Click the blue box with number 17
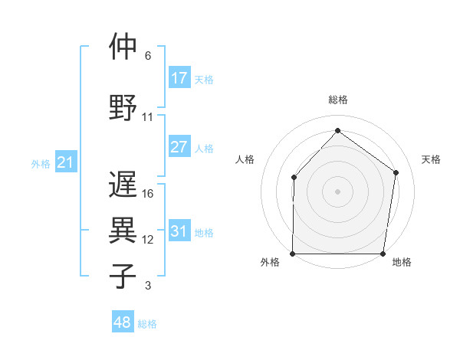[x=179, y=78]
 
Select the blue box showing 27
[x=179, y=148]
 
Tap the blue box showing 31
[x=179, y=232]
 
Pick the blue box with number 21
[x=65, y=162]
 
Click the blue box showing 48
[x=122, y=323]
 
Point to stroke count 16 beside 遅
[x=148, y=194]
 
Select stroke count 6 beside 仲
[x=148, y=56]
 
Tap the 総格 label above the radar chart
[x=338, y=100]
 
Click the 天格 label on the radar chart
[x=432, y=159]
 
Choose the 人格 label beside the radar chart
[x=245, y=159]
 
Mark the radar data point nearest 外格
[x=293, y=254]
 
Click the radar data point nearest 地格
[x=383, y=254]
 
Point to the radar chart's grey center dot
[x=337, y=191]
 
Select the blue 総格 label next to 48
[x=147, y=324]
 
